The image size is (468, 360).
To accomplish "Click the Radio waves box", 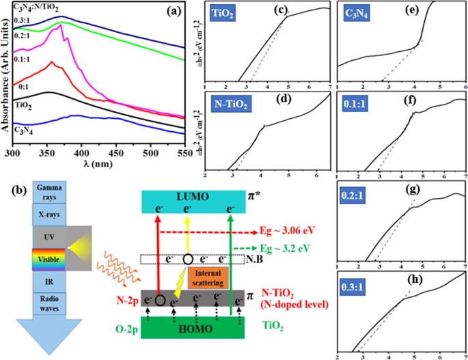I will (49, 303).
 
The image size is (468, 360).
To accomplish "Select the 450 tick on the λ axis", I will (119, 155).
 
